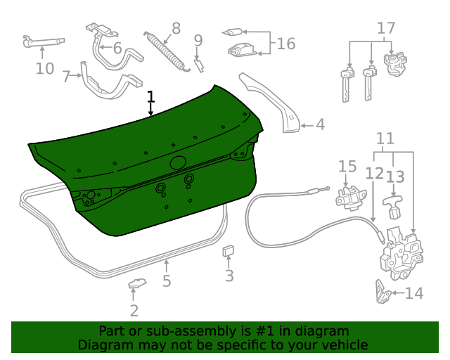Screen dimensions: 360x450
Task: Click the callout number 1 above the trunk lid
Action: (x=150, y=96)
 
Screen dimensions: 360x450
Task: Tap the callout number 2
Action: (x=134, y=310)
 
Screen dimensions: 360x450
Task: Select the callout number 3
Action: (x=229, y=276)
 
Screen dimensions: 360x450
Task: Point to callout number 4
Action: (x=320, y=125)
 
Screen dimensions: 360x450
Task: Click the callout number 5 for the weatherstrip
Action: (x=167, y=282)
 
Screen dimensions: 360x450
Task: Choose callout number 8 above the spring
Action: (x=176, y=28)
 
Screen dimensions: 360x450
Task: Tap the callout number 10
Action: (x=44, y=68)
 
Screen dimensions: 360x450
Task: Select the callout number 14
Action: (x=414, y=293)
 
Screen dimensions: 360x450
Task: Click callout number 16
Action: (x=286, y=44)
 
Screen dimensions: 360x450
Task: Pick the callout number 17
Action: (x=386, y=28)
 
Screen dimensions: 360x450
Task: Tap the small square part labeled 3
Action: (x=229, y=250)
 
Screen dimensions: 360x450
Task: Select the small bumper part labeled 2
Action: (x=136, y=284)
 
